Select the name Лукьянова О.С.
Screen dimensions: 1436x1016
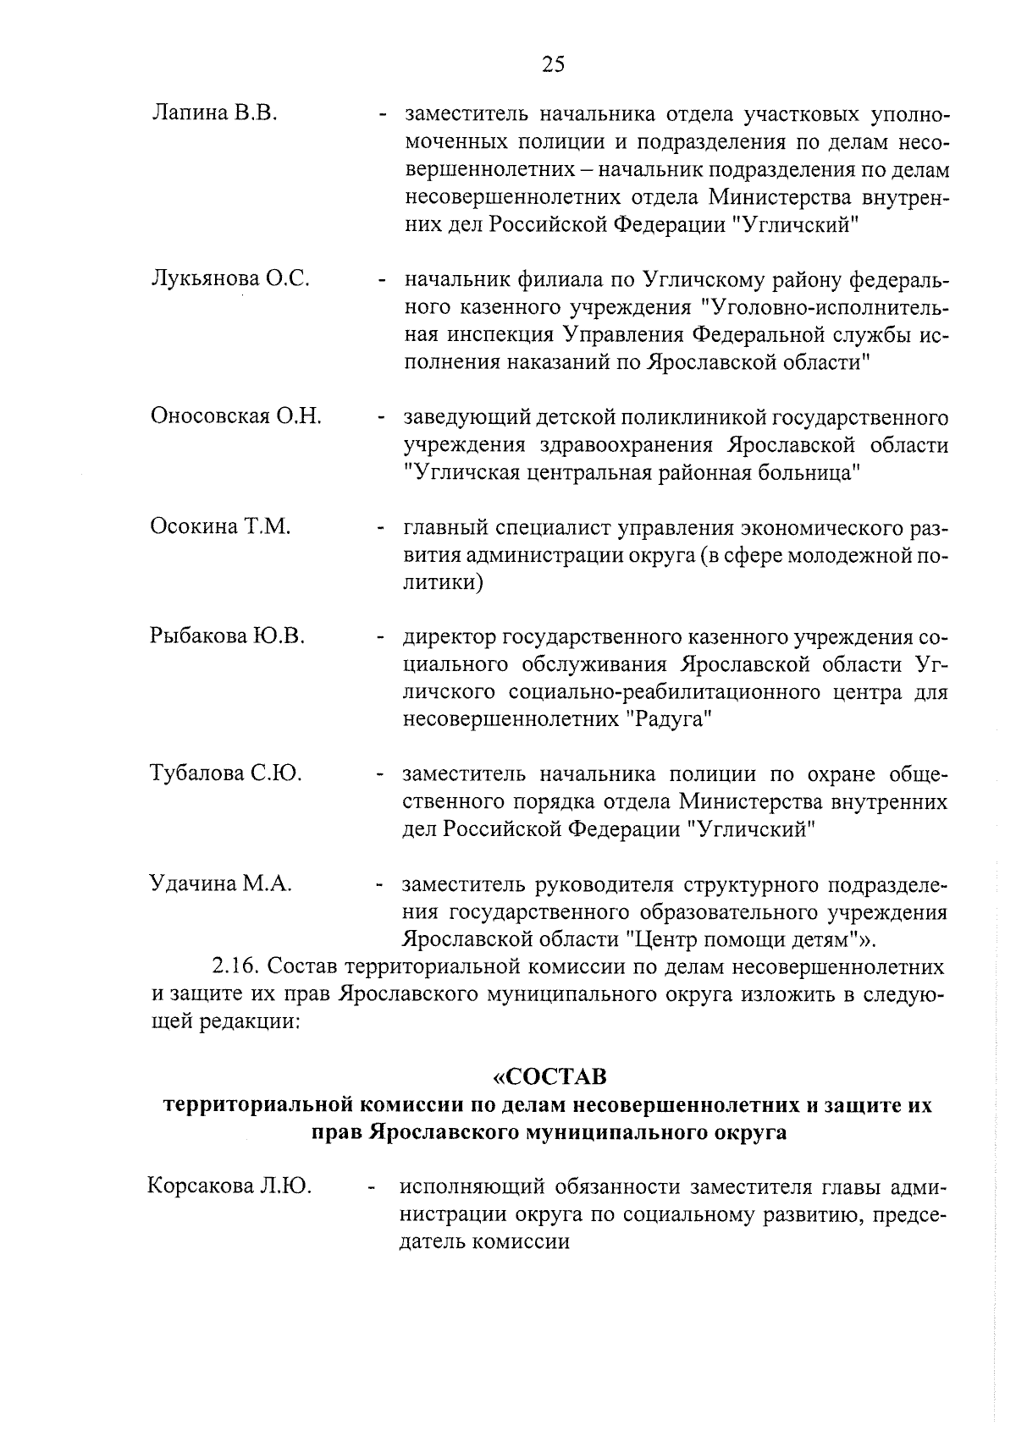pyautogui.click(x=230, y=278)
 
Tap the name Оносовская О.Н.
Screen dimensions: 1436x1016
pyautogui.click(x=236, y=416)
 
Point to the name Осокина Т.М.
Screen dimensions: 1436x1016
pyautogui.click(x=221, y=526)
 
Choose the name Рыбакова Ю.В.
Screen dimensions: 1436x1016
pyautogui.click(x=228, y=636)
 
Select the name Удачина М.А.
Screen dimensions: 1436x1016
pyautogui.click(x=220, y=884)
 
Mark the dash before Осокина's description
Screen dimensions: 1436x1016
pyautogui.click(x=383, y=529)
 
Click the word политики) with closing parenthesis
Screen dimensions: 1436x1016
pyautogui.click(x=444, y=583)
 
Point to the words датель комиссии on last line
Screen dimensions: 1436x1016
pyautogui.click(x=484, y=1241)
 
